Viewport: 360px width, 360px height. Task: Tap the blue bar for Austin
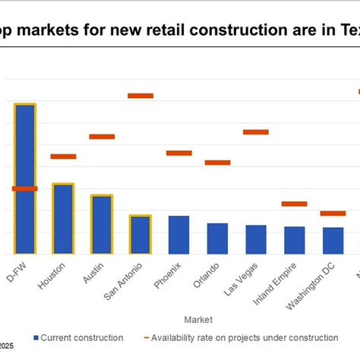point(102,224)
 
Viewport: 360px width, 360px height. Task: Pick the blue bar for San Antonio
point(140,235)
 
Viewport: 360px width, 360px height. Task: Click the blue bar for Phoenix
point(178,235)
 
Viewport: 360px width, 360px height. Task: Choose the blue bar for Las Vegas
point(256,239)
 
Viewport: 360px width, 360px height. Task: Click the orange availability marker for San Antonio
point(141,96)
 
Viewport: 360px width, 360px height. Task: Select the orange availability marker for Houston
point(63,156)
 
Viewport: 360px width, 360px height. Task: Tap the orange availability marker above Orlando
point(217,163)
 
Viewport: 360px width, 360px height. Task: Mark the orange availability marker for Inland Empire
point(294,204)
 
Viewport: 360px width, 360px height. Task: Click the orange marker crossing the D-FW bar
point(24,188)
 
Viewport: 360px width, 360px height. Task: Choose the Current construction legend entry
point(77,337)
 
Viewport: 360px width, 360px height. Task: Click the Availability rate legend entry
point(240,337)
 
